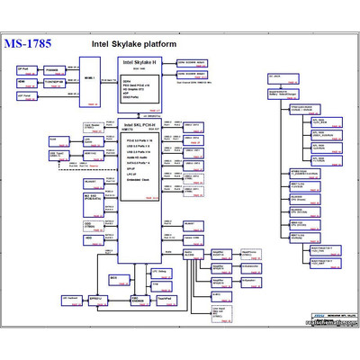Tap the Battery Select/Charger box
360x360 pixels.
[x=286, y=90]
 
